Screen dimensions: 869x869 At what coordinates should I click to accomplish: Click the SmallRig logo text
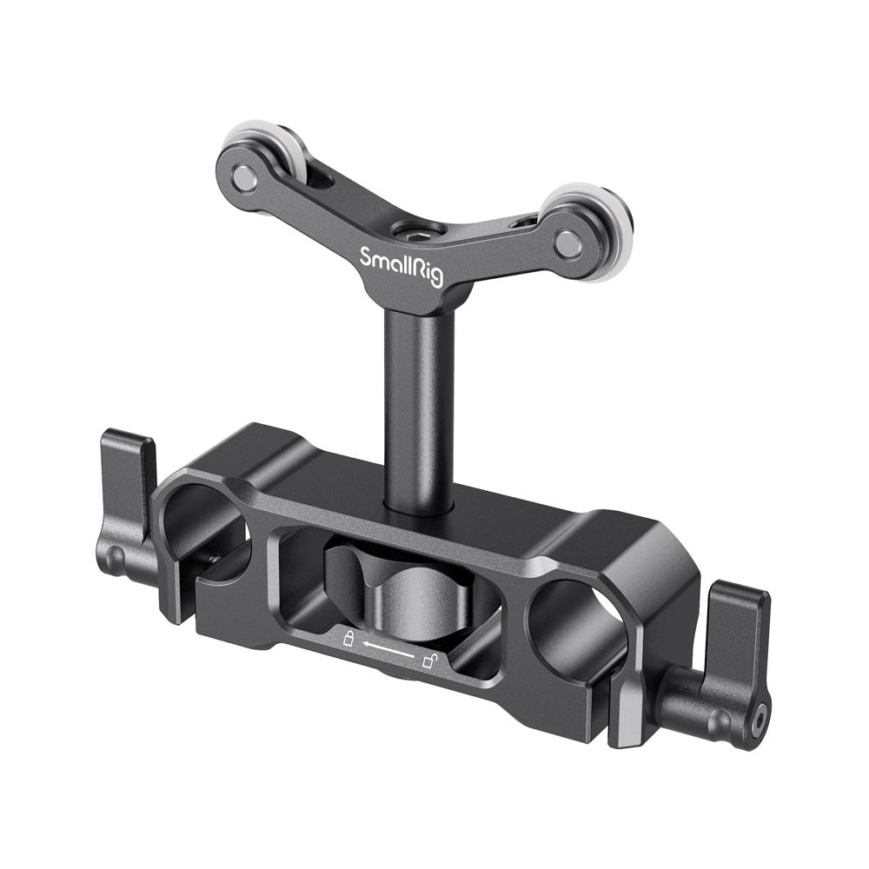tap(402, 265)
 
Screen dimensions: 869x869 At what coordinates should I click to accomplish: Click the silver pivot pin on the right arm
tap(568, 244)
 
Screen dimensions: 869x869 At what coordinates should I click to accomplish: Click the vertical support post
tap(417, 408)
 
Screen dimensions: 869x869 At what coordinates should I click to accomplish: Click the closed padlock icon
tap(348, 640)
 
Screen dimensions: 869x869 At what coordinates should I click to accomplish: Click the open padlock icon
tap(428, 662)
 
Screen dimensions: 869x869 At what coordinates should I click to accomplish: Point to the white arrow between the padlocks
tap(388, 651)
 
